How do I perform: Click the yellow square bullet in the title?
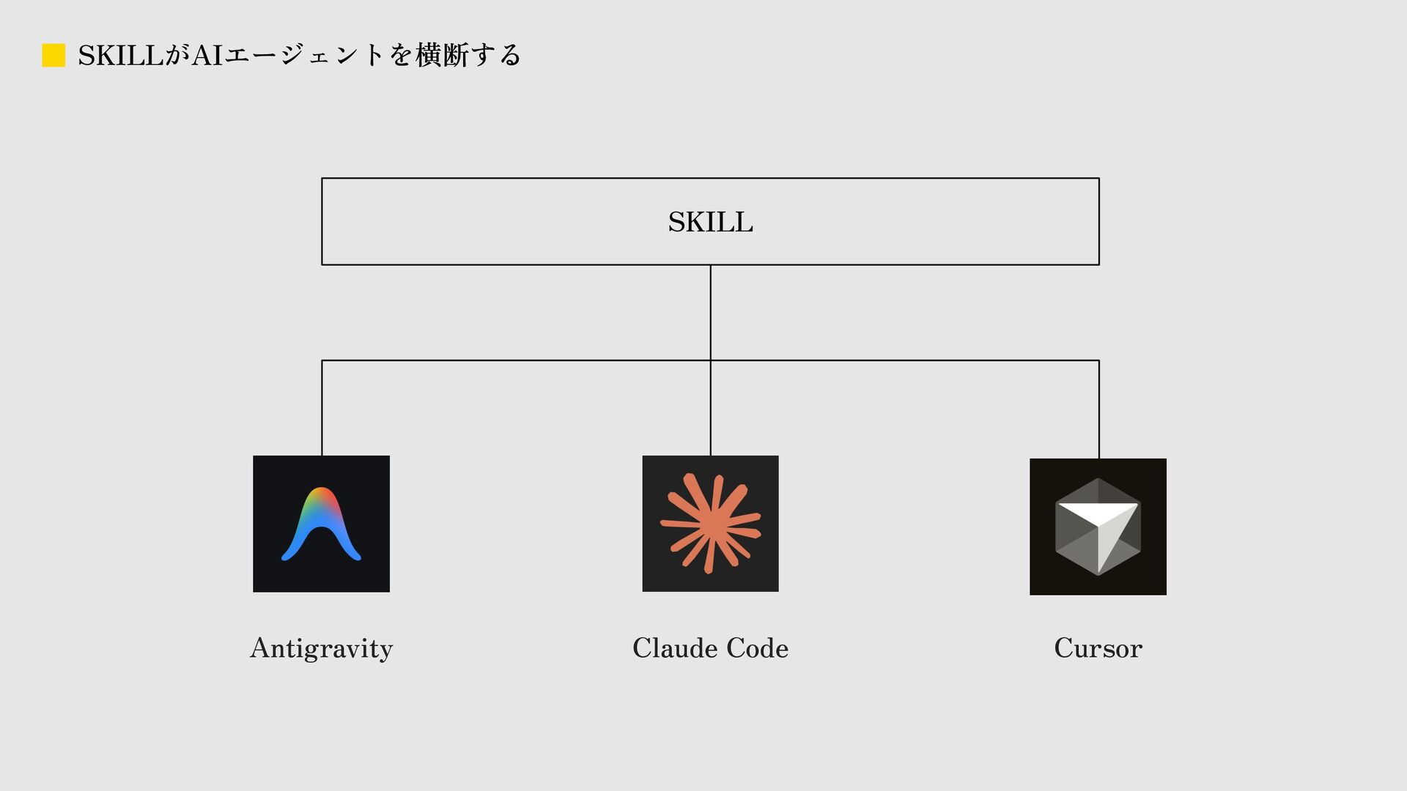(x=53, y=56)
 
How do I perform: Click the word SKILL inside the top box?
(x=710, y=222)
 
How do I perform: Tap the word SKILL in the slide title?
(x=120, y=56)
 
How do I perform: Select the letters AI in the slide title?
(x=207, y=56)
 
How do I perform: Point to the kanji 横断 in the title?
(x=442, y=56)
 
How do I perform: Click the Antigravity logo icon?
(x=321, y=524)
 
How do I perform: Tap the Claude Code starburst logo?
(x=710, y=524)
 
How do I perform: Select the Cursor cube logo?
(x=1098, y=527)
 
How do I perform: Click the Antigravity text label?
(x=321, y=648)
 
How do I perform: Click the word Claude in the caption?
(x=675, y=648)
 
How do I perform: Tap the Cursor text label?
(x=1098, y=648)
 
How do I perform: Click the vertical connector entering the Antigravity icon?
(x=322, y=410)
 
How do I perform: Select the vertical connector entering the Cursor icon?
(x=1098, y=410)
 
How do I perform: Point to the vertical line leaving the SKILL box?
(x=710, y=311)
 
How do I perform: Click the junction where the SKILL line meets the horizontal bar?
(x=710, y=360)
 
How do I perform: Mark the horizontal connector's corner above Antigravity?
(x=322, y=360)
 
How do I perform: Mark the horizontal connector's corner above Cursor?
(x=1098, y=360)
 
